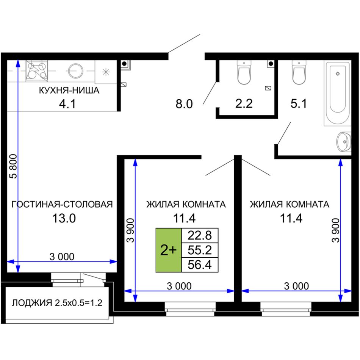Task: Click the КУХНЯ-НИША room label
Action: [69, 90]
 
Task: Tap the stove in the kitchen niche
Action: [37, 71]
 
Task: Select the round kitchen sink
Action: [75, 71]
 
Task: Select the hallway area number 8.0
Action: [184, 104]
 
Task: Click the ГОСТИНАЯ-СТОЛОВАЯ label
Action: [62, 204]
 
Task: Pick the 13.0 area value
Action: [64, 218]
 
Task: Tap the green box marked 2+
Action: [169, 250]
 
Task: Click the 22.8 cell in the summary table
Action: [200, 235]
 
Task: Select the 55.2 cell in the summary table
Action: [200, 250]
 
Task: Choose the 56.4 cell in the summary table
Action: [200, 265]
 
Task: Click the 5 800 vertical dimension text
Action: [13, 166]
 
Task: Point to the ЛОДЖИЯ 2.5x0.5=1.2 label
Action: [57, 303]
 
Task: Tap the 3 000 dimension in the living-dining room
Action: [62, 257]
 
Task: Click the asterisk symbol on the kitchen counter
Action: [106, 72]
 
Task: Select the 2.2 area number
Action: [244, 103]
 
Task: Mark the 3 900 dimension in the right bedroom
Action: [336, 230]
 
